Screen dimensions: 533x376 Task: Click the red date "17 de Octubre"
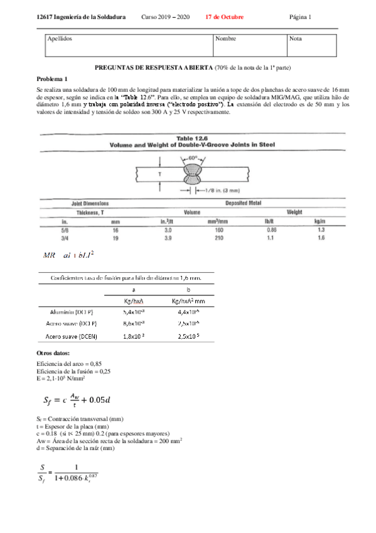coord(225,16)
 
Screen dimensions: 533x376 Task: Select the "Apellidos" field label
coord(60,39)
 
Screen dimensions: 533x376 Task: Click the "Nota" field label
coord(296,39)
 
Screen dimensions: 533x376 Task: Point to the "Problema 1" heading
coord(52,79)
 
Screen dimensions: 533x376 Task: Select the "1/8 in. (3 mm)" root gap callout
coord(218,190)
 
